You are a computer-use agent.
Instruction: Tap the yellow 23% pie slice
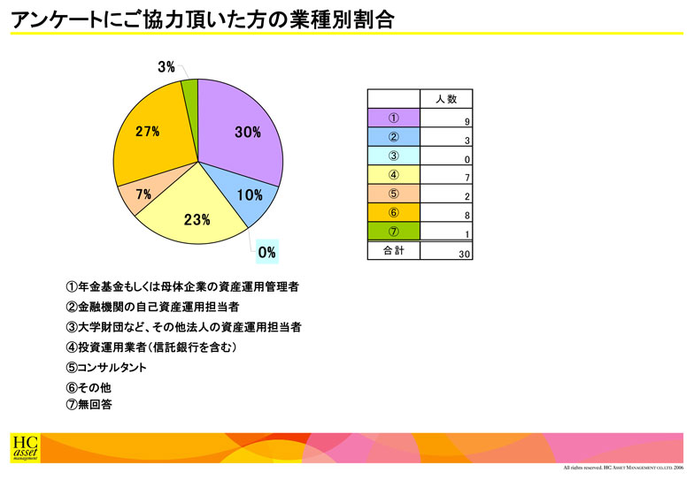click(x=195, y=217)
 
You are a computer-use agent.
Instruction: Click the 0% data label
click(x=267, y=252)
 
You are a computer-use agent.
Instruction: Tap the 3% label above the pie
click(x=166, y=67)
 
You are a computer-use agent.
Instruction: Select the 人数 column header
click(x=446, y=99)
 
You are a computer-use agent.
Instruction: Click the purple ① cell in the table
click(x=393, y=118)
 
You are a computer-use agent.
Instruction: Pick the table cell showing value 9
click(x=446, y=118)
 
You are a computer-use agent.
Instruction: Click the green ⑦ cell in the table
click(x=393, y=232)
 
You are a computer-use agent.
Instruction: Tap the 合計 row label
click(x=393, y=251)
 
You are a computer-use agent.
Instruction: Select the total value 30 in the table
click(x=446, y=251)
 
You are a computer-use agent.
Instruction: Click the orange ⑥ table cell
click(x=393, y=212)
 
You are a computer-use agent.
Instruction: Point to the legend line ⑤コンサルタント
click(x=106, y=368)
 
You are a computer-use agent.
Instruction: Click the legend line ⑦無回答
click(x=89, y=404)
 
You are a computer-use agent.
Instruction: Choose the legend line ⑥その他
click(x=89, y=387)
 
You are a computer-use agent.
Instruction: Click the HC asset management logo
click(x=25, y=448)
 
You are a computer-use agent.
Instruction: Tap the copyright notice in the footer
click(x=623, y=468)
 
